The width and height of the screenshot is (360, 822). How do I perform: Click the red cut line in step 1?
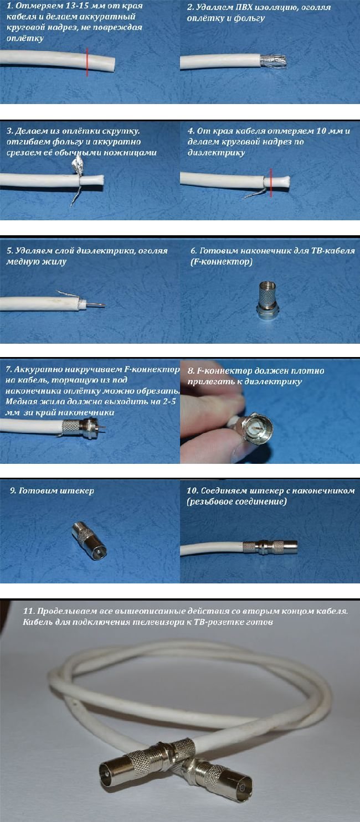click(x=87, y=62)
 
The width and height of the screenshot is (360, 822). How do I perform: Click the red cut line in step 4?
click(x=271, y=182)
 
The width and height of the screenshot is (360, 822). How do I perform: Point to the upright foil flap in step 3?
click(x=79, y=164)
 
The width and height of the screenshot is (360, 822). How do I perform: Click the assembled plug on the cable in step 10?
click(x=270, y=547)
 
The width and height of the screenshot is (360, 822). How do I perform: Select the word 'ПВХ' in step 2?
click(x=244, y=7)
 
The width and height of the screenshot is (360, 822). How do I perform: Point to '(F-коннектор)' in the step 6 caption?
click(x=222, y=262)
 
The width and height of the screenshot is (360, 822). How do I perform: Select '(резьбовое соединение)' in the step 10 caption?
click(x=236, y=502)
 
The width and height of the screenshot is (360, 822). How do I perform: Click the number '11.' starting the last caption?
click(x=29, y=611)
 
